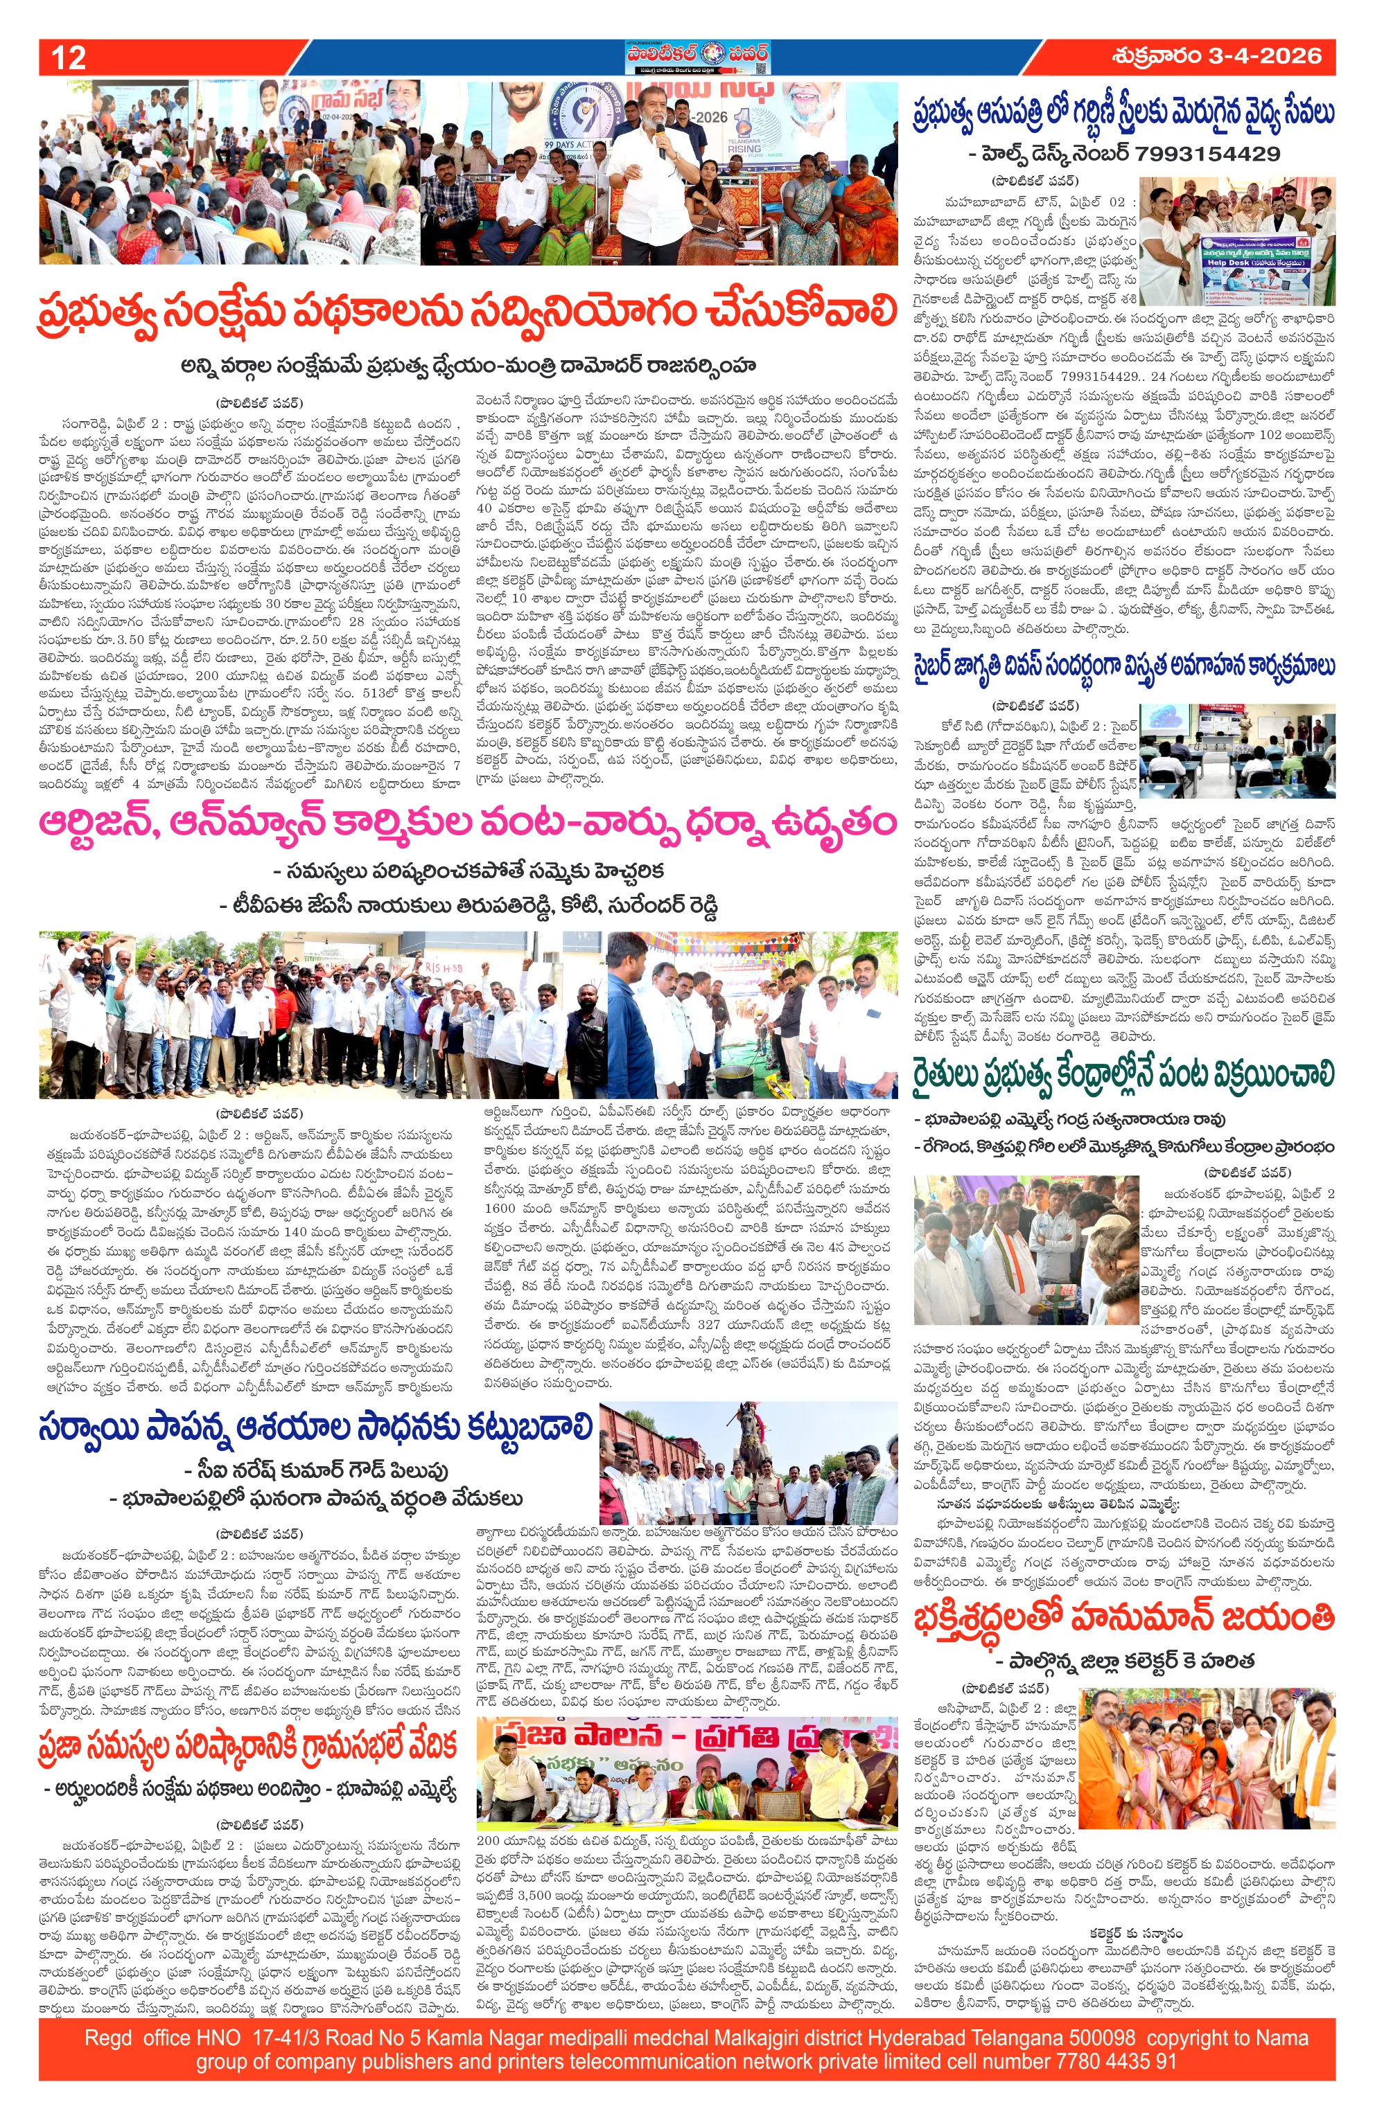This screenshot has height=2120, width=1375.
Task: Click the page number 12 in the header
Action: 69,58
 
